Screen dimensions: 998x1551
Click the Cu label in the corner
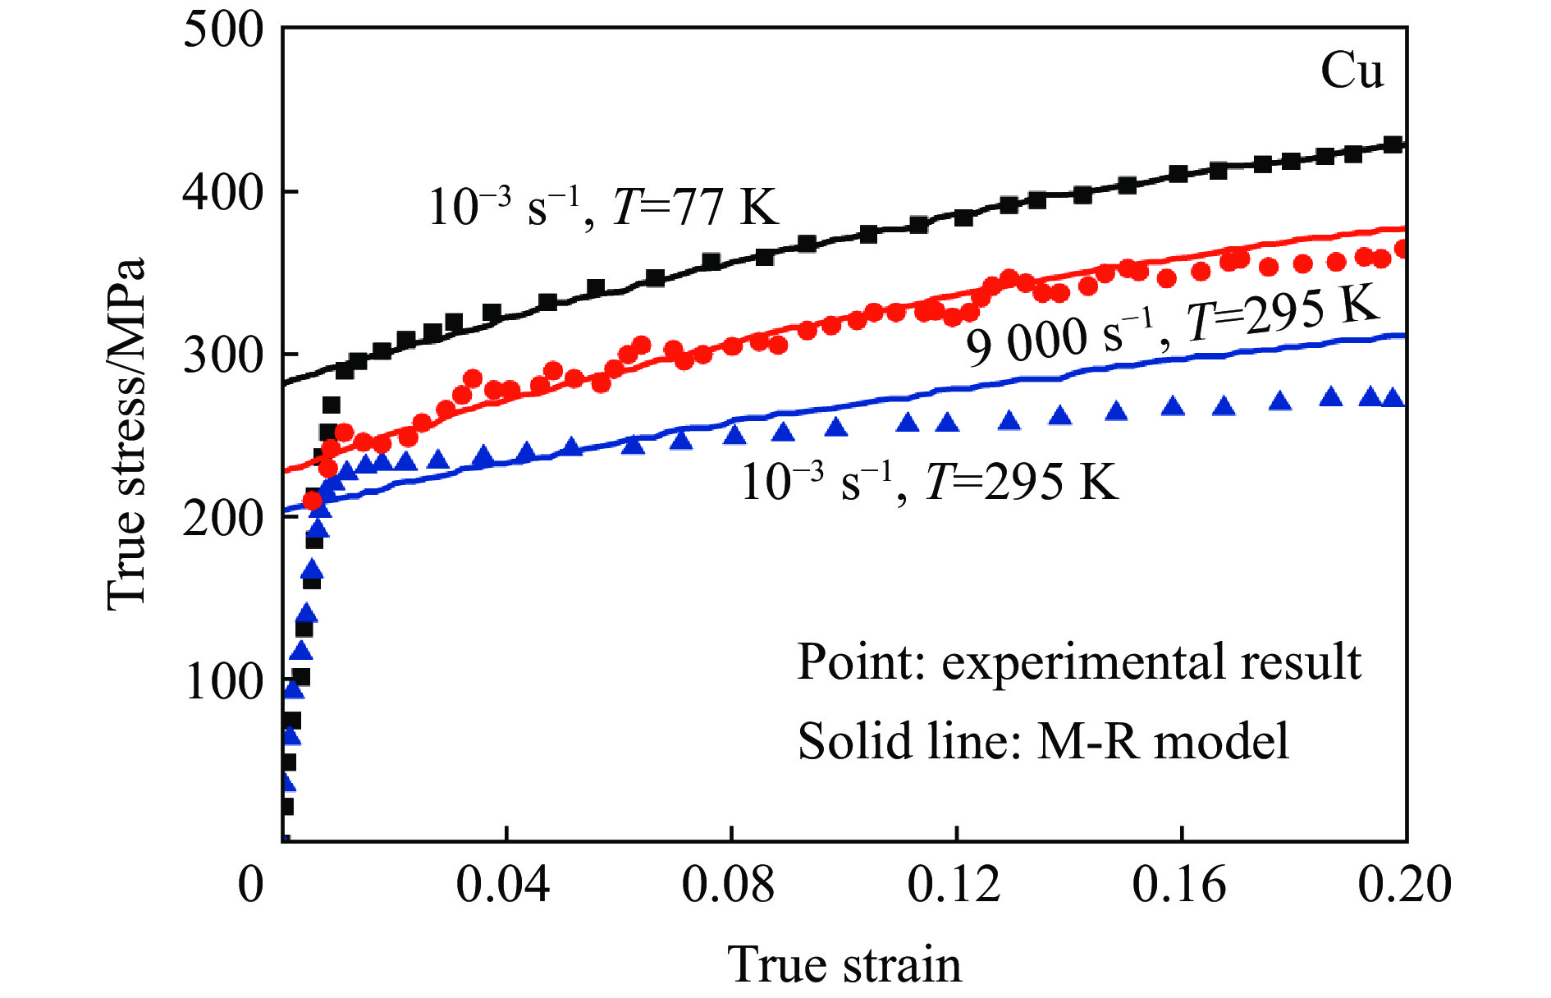(1351, 71)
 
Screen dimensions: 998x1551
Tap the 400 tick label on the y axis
(223, 193)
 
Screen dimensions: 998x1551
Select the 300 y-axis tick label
(223, 355)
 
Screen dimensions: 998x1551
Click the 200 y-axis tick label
(223, 518)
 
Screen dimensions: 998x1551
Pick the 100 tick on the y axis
(223, 680)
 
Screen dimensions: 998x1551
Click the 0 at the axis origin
(251, 885)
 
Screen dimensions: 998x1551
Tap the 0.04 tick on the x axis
(502, 885)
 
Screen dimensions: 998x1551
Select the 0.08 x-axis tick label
(728, 885)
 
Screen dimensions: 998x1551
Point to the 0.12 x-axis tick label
(954, 885)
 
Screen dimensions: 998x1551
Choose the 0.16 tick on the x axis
(1179, 885)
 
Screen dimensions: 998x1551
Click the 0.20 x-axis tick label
(1404, 885)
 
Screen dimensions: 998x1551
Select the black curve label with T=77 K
(603, 206)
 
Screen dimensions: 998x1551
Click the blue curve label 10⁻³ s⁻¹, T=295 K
(929, 481)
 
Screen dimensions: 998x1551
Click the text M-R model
(1163, 741)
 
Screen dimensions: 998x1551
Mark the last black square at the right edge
(1392, 144)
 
